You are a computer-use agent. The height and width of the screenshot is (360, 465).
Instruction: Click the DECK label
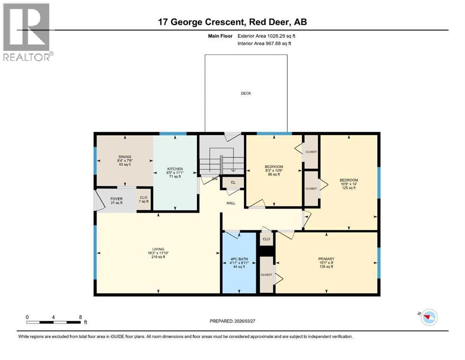coord(246,93)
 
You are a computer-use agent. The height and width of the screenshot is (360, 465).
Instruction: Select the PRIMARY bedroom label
coord(326,259)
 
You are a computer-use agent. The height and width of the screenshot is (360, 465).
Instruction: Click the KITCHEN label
coord(175,169)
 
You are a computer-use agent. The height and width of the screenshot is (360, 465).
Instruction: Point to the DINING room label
coord(125,157)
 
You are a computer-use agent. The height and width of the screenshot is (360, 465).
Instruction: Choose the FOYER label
coord(116,198)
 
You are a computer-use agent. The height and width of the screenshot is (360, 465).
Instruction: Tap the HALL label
coord(231,203)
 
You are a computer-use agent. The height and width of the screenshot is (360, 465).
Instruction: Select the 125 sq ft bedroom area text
coord(349,188)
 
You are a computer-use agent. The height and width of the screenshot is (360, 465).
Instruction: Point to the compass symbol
coord(428,318)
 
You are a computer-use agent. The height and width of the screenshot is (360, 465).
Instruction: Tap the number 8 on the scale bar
coord(81,317)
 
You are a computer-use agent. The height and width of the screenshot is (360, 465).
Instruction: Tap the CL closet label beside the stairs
coord(233,182)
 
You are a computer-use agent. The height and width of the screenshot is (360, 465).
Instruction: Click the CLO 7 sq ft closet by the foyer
coord(143,199)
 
